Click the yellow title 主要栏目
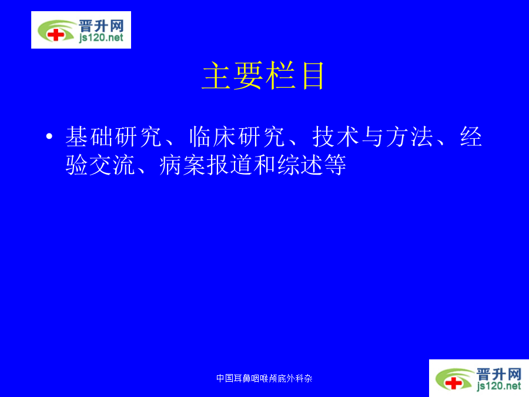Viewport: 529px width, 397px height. tap(263, 76)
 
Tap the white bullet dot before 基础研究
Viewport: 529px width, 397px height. tap(49, 136)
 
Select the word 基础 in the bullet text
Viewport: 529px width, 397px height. tap(89, 136)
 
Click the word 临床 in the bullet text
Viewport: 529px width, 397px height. tap(213, 136)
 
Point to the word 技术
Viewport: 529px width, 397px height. tap(336, 136)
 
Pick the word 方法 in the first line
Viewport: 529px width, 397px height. tap(410, 136)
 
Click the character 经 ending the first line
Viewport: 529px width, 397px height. tap(471, 136)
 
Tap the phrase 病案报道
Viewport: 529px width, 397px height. tap(206, 165)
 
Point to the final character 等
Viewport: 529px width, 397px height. tap(334, 165)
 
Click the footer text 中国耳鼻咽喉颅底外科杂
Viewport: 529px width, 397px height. tap(264, 378)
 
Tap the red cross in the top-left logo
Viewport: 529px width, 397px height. tap(55, 35)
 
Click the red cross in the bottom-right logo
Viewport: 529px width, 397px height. tap(453, 383)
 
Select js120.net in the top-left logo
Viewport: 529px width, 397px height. tap(101, 38)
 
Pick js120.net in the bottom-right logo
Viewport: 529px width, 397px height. tap(499, 385)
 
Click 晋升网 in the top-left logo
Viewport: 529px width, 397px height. tap(101, 26)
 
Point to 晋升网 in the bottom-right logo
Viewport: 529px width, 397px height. tap(499, 374)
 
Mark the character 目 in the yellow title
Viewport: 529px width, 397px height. tap(313, 76)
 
